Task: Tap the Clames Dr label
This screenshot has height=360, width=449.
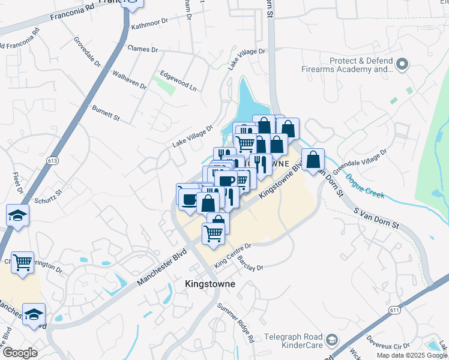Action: click(x=143, y=49)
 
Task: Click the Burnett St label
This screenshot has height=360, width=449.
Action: click(x=106, y=112)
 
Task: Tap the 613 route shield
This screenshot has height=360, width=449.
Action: click(x=52, y=161)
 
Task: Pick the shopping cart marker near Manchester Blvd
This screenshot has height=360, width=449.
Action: click(x=22, y=262)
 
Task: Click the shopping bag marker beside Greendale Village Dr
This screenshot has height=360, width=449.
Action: click(x=313, y=160)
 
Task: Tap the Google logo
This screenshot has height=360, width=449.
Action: click(x=20, y=353)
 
